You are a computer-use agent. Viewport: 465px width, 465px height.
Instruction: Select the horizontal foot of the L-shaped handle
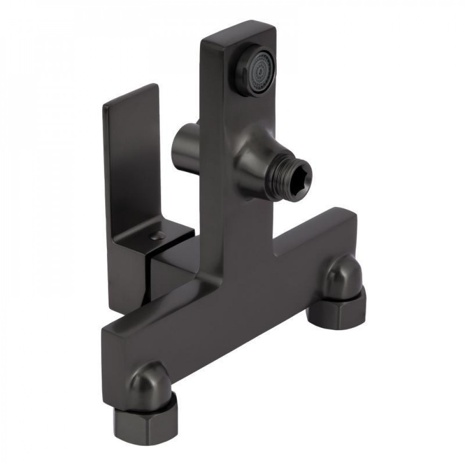tap(153, 242)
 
